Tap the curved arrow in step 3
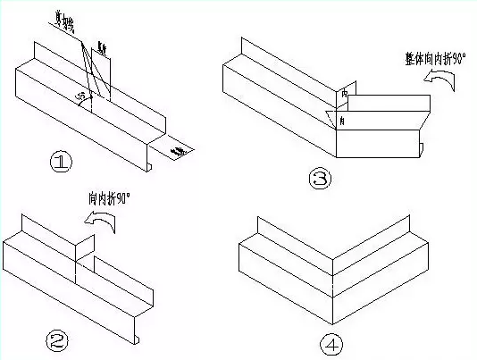439,84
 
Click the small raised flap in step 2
84,249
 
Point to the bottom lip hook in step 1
148,166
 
